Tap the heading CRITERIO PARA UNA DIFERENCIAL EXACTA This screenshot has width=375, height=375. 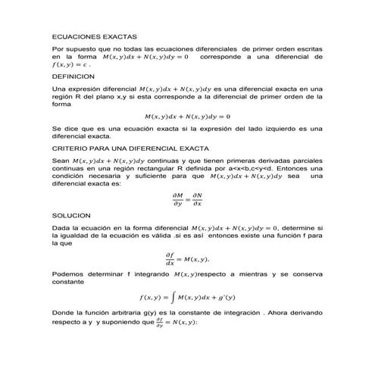tap(127, 150)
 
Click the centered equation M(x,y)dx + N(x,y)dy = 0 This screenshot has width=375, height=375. tap(187, 117)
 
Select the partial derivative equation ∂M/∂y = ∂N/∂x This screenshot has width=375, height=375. tap(187, 199)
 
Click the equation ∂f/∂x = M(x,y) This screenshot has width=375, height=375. tap(187, 258)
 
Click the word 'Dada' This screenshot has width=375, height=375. tap(61, 227)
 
